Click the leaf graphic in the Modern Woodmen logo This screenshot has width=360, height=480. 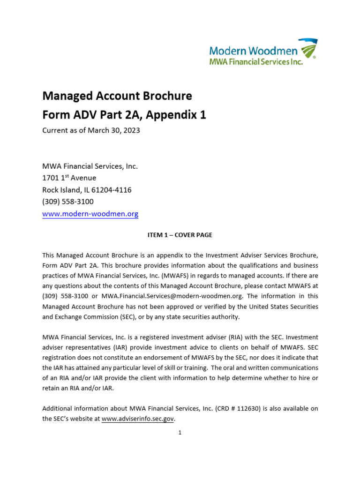[308, 49]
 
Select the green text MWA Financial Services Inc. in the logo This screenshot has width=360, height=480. [255, 61]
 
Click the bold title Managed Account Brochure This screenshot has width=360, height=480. [117, 96]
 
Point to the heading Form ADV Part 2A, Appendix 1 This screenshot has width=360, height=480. [124, 115]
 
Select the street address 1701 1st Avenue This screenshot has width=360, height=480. [69, 178]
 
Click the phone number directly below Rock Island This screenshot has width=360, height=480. [68, 202]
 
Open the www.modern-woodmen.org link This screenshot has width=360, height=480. [90, 214]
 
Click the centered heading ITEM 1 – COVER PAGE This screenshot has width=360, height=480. [180, 235]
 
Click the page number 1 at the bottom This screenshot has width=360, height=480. [180, 433]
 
